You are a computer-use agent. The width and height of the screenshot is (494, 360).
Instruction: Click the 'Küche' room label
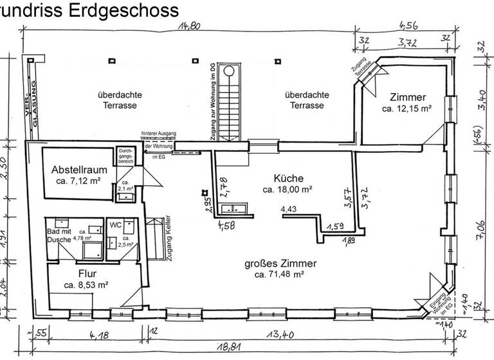point(288,178)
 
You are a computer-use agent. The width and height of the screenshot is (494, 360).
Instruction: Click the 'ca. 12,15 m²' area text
point(407,109)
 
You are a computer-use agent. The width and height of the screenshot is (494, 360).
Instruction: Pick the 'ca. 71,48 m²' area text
point(279,274)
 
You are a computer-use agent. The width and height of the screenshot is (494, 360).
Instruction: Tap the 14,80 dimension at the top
point(191,26)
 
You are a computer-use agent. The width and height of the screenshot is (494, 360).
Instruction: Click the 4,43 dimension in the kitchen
point(289,209)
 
